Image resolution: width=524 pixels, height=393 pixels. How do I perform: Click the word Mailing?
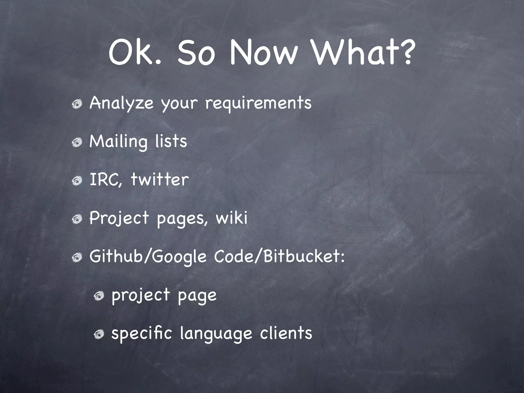118,141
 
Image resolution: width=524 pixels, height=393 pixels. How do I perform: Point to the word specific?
141,333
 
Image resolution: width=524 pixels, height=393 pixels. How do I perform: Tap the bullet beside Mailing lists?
77,143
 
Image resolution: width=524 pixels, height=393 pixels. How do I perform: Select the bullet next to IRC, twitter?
77,181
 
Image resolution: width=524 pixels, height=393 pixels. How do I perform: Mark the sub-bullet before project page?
99,296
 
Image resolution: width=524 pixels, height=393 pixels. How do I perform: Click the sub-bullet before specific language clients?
99,334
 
